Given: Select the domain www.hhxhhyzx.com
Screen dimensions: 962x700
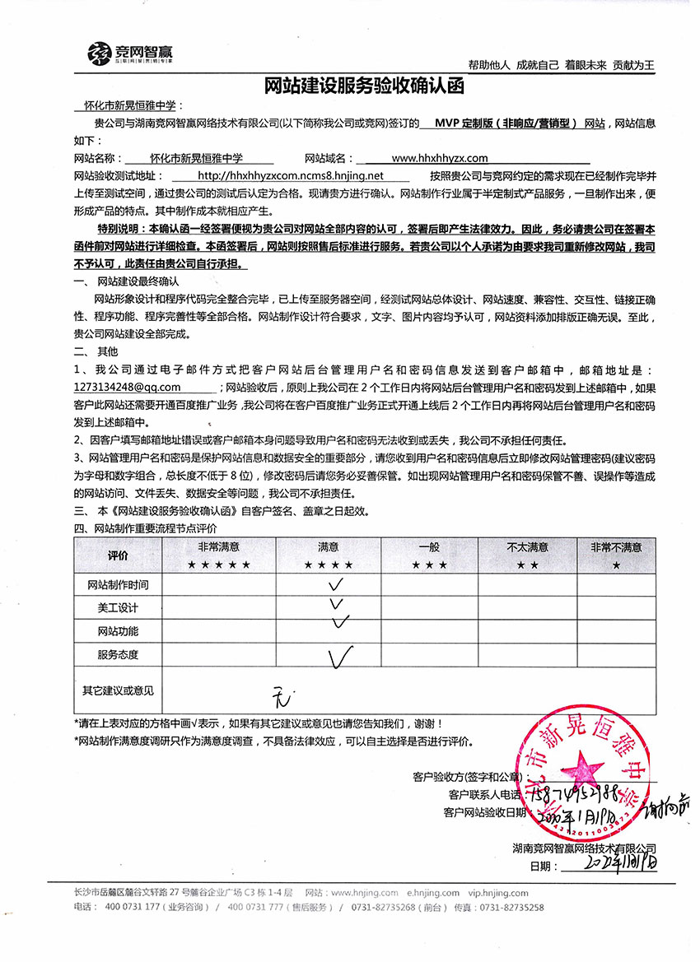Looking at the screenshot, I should click(x=440, y=158).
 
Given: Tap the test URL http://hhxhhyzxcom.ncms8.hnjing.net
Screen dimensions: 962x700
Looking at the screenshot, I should click(x=292, y=175).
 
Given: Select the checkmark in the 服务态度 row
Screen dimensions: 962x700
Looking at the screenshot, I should click(x=340, y=657).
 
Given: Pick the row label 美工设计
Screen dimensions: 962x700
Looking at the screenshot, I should click(x=118, y=608).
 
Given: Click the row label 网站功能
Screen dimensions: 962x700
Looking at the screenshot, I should click(x=118, y=632).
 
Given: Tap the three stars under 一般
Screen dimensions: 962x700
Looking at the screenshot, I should click(x=429, y=565).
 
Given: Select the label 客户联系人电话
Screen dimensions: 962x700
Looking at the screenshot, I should click(x=485, y=795).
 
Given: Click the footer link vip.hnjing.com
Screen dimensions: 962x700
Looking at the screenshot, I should click(x=497, y=892).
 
